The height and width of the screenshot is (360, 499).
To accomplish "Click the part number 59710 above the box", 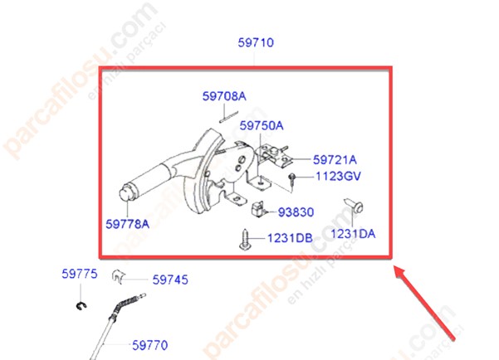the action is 256,42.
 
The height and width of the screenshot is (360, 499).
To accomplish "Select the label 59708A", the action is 224,96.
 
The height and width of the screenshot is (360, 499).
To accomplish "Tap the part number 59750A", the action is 262,125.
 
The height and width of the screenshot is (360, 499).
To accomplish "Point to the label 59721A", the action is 335,159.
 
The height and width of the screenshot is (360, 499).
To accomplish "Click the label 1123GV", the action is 338,176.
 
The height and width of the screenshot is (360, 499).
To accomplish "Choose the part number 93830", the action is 296,212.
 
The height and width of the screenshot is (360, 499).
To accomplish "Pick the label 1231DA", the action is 353,234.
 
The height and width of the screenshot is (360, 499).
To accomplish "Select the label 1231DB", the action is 290,238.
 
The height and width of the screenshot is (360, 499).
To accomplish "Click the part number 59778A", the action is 127,224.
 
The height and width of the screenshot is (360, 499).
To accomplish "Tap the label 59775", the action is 80,274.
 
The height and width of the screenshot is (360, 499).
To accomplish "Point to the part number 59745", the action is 170,280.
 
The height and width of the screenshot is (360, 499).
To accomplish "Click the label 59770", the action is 150,345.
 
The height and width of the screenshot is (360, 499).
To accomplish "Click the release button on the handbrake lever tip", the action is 126,192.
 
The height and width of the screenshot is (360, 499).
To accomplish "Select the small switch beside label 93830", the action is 258,209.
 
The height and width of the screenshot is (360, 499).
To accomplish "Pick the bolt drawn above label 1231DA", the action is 354,206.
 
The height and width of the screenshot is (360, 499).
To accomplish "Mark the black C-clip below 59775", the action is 81,306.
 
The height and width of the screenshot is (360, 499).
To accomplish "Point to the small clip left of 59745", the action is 119,276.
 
